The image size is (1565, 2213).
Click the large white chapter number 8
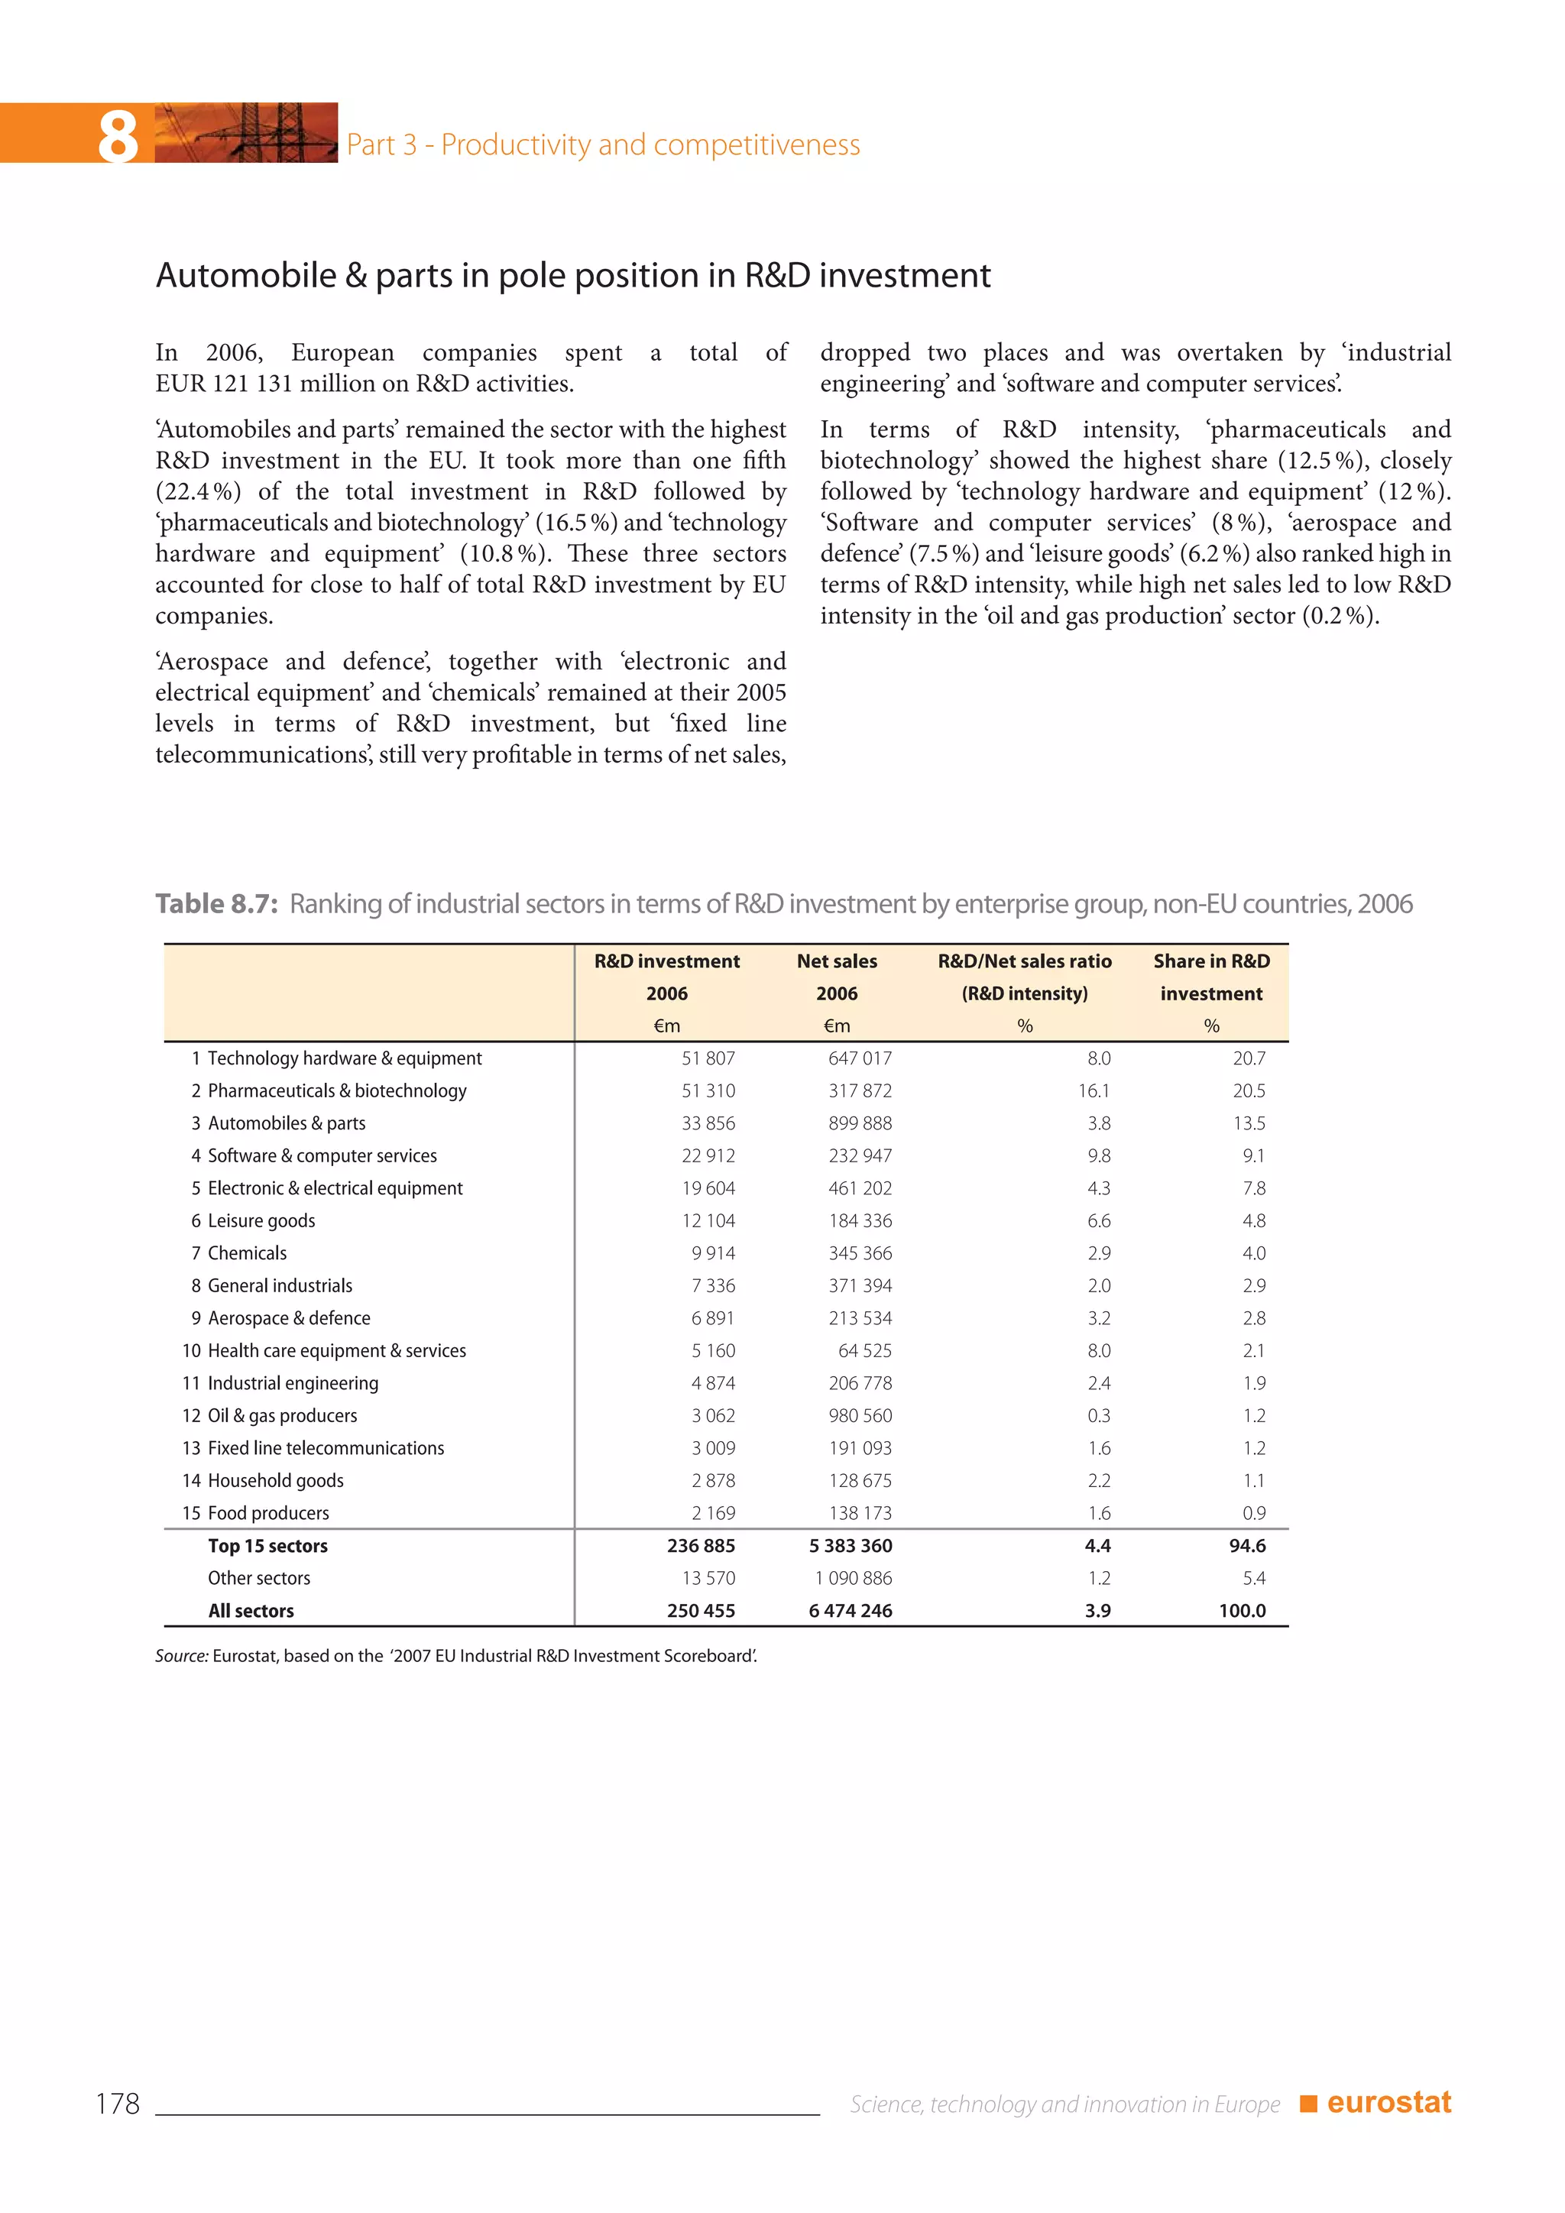click(x=118, y=136)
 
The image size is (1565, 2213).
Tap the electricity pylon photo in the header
click(x=246, y=133)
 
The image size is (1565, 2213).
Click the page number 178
click(x=118, y=2103)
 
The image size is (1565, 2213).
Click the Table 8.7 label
click(x=217, y=904)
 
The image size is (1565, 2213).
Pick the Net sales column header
click(x=837, y=961)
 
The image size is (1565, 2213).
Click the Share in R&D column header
click(x=1211, y=961)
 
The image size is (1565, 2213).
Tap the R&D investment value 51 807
click(x=708, y=1058)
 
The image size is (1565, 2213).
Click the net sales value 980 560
click(x=860, y=1415)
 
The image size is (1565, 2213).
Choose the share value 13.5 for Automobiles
click(x=1249, y=1123)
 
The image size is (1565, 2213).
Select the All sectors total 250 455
click(x=701, y=1611)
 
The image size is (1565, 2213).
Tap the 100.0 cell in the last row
click(x=1243, y=1611)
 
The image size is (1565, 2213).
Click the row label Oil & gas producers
click(x=282, y=1415)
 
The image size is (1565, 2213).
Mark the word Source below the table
click(x=181, y=1656)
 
